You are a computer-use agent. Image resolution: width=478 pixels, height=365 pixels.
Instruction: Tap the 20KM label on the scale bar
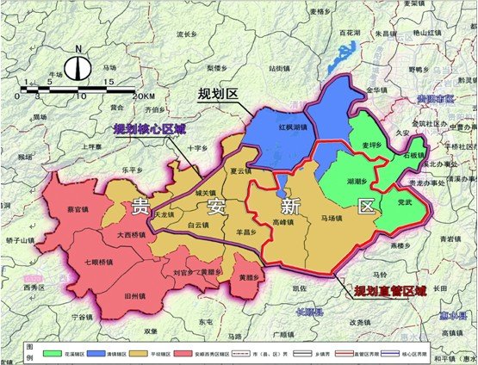145,95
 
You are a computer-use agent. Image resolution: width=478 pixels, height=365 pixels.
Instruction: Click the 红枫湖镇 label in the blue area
270,127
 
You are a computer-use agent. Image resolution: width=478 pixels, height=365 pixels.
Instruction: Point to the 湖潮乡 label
356,182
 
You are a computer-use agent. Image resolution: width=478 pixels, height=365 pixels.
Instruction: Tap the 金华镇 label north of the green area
378,90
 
